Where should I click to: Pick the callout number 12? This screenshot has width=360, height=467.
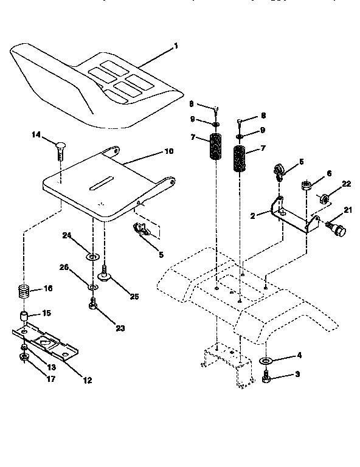click(88, 381)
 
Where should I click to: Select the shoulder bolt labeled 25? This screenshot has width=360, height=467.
click(105, 274)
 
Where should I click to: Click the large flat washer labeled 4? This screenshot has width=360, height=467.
click(266, 362)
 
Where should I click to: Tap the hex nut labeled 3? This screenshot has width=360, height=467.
click(266, 379)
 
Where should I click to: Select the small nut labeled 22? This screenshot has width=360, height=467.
click(325, 199)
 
